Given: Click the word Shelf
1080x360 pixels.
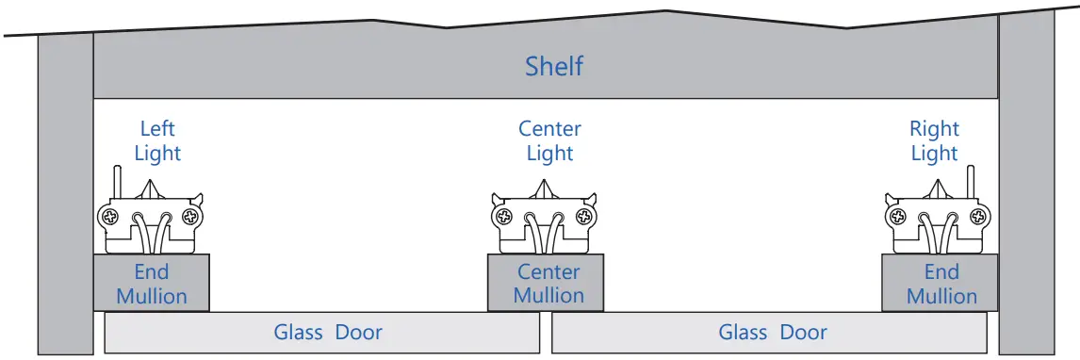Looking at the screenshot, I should pos(554,67).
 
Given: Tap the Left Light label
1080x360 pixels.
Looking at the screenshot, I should pos(157,140).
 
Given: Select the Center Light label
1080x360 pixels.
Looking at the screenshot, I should pos(550,140).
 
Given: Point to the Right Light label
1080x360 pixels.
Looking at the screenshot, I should pos(934,140).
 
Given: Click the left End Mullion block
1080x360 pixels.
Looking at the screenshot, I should pos(151,284).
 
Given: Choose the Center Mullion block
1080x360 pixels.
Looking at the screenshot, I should pos(548,284).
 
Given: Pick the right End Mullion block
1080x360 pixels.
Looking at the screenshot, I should pos(941,284).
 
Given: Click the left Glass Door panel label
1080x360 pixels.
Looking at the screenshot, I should pos(328,332).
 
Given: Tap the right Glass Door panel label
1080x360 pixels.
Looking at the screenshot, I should pos(773,332).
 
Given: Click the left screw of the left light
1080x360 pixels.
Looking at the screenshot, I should pos(110,218).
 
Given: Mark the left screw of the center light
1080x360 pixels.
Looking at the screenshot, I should pos(505,218).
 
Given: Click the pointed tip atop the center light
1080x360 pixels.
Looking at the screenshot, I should pos(547,188).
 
